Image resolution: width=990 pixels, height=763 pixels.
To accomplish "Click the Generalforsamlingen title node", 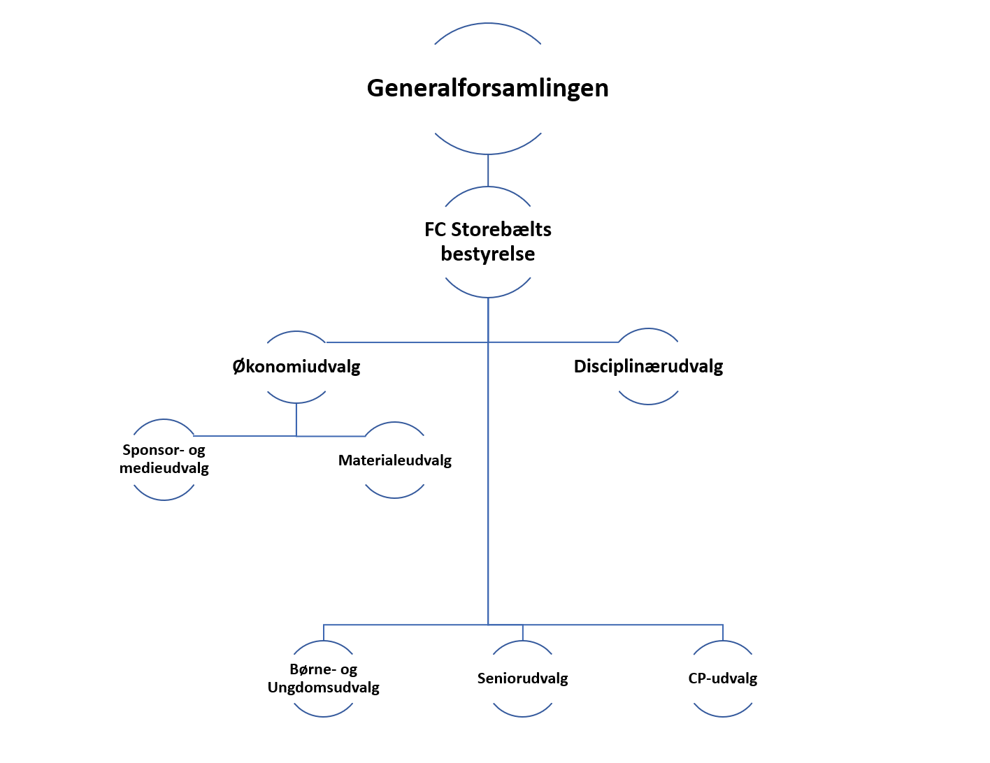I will [x=487, y=88].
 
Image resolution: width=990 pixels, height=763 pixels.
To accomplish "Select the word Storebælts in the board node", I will [x=501, y=229].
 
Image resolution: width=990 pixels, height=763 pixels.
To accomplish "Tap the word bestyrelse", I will [x=487, y=254].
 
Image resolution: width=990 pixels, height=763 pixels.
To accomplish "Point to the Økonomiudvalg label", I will [x=296, y=366].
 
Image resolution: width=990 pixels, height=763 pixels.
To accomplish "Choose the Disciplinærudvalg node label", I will [x=648, y=366].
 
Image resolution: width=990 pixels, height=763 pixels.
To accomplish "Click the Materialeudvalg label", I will [x=394, y=460].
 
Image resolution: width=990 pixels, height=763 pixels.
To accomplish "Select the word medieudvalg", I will [x=164, y=468].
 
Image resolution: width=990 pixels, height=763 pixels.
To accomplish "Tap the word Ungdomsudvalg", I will [x=323, y=688].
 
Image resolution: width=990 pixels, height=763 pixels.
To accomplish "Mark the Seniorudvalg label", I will [x=522, y=678].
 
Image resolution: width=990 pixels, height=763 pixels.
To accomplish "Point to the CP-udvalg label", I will [x=722, y=678].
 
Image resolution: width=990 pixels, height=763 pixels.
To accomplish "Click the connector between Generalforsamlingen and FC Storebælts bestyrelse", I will [x=488, y=170].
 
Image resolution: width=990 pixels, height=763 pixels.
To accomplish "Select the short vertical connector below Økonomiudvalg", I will [x=296, y=419].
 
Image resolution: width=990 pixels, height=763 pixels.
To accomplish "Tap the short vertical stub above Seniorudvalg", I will [x=523, y=632].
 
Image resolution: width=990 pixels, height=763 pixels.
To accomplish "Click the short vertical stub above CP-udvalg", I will [x=723, y=632].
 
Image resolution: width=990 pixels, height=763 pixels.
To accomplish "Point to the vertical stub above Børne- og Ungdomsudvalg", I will [x=324, y=632].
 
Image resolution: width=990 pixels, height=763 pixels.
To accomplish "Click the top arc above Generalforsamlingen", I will [x=488, y=24].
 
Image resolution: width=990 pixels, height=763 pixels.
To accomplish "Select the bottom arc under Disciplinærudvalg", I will [x=649, y=403].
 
